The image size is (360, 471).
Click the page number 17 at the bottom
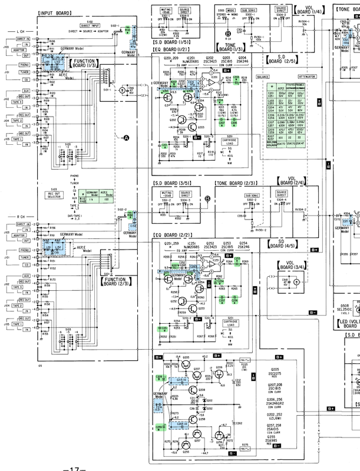pos(70,467)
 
